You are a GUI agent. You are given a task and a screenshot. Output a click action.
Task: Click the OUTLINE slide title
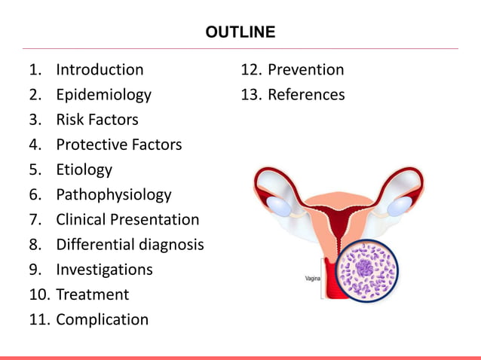click(x=240, y=32)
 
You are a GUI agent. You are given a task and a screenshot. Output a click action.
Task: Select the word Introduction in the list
click(x=100, y=70)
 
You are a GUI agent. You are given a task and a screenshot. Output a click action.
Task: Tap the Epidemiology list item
click(x=103, y=95)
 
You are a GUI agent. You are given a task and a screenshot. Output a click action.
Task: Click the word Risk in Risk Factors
click(x=70, y=120)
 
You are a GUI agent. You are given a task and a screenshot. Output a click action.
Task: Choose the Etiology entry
click(x=84, y=169)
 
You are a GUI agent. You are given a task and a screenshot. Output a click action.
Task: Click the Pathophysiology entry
click(x=113, y=194)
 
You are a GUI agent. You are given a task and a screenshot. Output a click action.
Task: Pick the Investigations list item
click(x=104, y=270)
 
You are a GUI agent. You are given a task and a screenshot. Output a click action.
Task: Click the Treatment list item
click(x=92, y=294)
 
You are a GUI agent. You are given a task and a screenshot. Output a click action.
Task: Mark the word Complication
click(x=102, y=319)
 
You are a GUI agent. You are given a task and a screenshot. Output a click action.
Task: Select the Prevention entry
click(x=305, y=70)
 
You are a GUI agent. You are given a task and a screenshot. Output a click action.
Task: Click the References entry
click(x=306, y=95)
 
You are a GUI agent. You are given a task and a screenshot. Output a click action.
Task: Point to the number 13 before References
click(x=250, y=95)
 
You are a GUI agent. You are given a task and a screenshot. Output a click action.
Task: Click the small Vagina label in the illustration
click(x=313, y=278)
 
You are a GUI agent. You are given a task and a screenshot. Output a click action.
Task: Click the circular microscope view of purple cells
click(x=366, y=270)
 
